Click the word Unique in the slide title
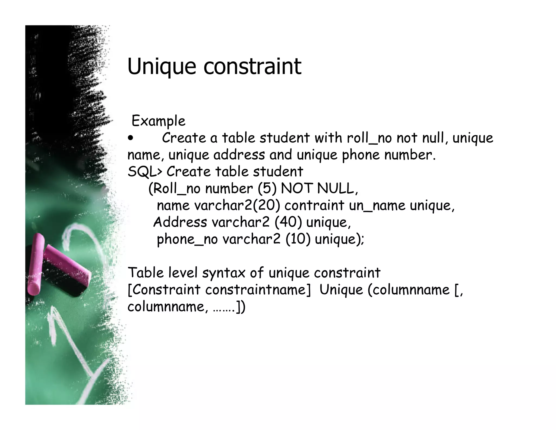(161, 67)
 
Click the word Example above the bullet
(158, 121)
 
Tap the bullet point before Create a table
(131, 138)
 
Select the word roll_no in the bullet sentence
(369, 138)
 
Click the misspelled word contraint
(314, 205)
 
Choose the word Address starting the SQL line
(180, 222)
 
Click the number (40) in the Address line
(288, 222)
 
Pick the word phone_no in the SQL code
(187, 239)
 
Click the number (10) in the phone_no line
(298, 239)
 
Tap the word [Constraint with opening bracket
(164, 290)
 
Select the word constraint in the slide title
(252, 67)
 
